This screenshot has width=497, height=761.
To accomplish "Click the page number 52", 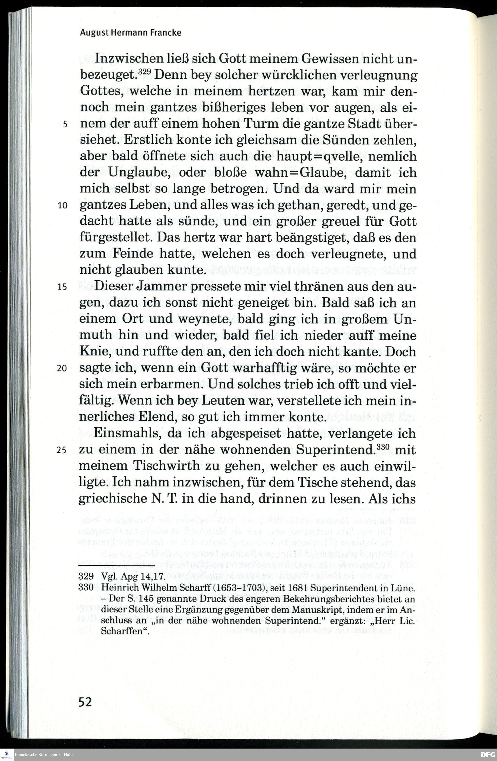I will tap(85, 702).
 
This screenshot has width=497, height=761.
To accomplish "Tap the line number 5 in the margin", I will tap(65, 124).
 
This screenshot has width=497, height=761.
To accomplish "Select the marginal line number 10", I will tap(63, 205).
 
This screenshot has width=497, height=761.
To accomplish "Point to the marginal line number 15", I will tap(62, 287).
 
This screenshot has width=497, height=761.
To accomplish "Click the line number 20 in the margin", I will tap(62, 368).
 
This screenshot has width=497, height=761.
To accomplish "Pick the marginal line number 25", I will tap(61, 450).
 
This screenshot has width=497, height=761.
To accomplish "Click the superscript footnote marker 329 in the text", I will tap(144, 72).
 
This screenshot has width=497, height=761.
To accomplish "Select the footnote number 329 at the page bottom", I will tap(86, 576).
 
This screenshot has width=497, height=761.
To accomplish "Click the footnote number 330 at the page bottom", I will tap(86, 587).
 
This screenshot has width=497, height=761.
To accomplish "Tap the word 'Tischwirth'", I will tap(166, 465).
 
